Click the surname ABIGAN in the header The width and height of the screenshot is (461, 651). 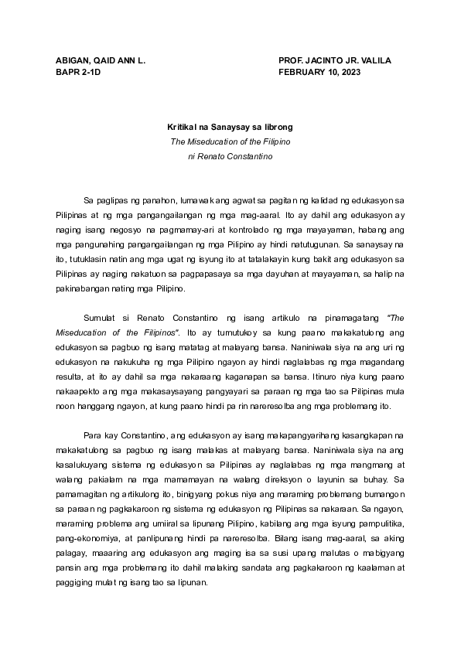coord(72,60)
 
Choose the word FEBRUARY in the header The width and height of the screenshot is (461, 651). coord(305,72)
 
